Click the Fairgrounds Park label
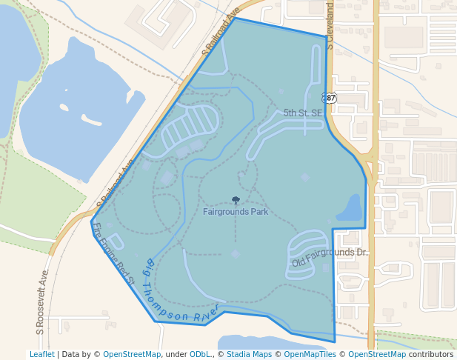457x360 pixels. click(x=235, y=212)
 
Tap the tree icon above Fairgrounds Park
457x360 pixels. click(x=236, y=200)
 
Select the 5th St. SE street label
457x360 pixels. click(x=303, y=113)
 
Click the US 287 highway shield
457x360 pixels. click(x=330, y=98)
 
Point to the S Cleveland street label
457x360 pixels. click(x=330, y=27)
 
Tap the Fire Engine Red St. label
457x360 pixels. click(x=113, y=254)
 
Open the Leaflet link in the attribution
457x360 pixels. click(x=41, y=354)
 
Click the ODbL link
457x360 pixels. click(x=201, y=354)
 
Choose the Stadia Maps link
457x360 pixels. click(x=248, y=354)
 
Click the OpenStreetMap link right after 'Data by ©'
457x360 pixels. click(x=132, y=354)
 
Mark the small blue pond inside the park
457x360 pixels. click(x=351, y=210)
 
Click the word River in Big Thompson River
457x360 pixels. click(x=207, y=313)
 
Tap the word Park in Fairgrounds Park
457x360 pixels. click(x=258, y=212)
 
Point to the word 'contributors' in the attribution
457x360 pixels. click(x=430, y=354)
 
